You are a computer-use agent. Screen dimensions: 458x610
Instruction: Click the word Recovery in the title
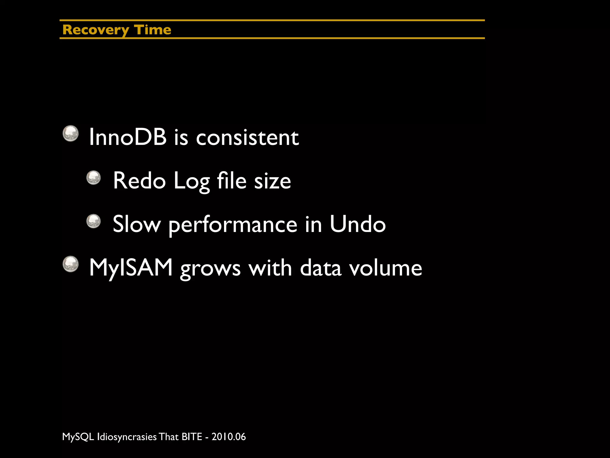(x=96, y=30)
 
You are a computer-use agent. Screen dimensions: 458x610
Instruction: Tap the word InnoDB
(x=128, y=137)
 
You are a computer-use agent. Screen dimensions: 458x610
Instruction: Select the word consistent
(x=247, y=137)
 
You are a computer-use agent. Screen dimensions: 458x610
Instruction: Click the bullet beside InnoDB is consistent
(x=71, y=133)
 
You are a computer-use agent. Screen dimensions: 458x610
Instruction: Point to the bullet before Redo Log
(x=94, y=178)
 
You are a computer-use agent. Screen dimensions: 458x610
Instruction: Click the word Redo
(x=139, y=181)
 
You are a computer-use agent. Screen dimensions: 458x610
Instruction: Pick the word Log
(x=192, y=181)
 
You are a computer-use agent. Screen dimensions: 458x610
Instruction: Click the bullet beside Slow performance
(x=94, y=221)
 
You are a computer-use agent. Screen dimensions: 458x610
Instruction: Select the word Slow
(x=137, y=224)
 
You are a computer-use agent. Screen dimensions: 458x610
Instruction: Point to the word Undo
(x=357, y=224)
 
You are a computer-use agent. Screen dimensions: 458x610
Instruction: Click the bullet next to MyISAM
(x=71, y=264)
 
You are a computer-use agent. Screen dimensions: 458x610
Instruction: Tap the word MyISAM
(x=131, y=267)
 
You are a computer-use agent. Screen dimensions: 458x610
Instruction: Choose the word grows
(x=210, y=268)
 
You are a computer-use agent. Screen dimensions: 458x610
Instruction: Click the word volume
(x=385, y=267)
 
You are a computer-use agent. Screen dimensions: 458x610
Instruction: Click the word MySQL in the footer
(x=78, y=437)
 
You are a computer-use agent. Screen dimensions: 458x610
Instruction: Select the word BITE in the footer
(x=192, y=437)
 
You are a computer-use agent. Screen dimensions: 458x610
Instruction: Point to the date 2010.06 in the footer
(x=229, y=437)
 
